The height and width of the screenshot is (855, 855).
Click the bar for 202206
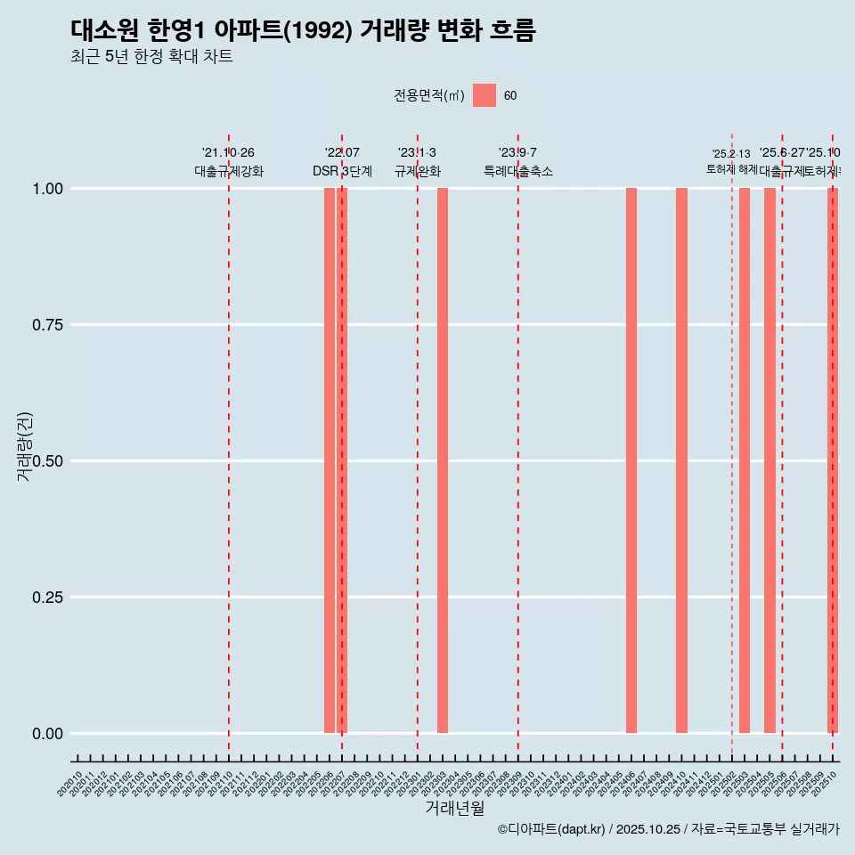tap(330, 460)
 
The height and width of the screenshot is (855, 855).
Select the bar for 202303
tap(443, 460)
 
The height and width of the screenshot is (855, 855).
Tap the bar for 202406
tap(631, 460)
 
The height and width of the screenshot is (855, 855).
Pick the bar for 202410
tap(681, 460)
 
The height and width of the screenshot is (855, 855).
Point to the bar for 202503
tap(745, 460)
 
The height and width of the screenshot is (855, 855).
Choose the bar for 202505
tap(769, 460)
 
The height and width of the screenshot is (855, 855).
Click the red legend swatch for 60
tap(484, 95)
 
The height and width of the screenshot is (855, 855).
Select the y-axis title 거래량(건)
tap(25, 447)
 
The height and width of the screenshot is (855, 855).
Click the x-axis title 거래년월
tap(454, 809)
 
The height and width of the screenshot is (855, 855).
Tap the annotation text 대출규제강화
tap(229, 172)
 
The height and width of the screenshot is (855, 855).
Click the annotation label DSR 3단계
tap(342, 172)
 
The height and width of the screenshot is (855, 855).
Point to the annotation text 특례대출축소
tap(518, 172)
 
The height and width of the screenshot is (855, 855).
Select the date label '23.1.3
tap(417, 153)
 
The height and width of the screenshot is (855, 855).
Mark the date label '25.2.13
tap(731, 154)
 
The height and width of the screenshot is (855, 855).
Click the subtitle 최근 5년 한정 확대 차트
tap(151, 57)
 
